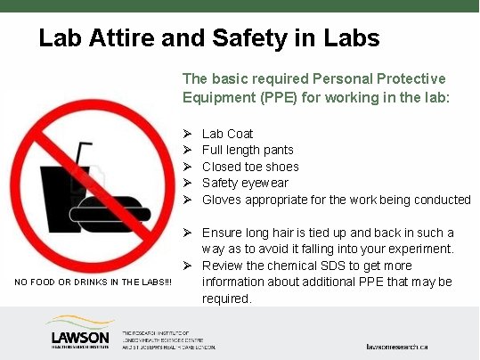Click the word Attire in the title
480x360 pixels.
tap(126, 38)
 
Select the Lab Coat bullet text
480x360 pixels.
tap(227, 134)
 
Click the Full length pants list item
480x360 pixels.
tap(248, 150)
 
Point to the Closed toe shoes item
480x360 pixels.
tap(250, 167)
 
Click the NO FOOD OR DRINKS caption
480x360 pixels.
tap(93, 282)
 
